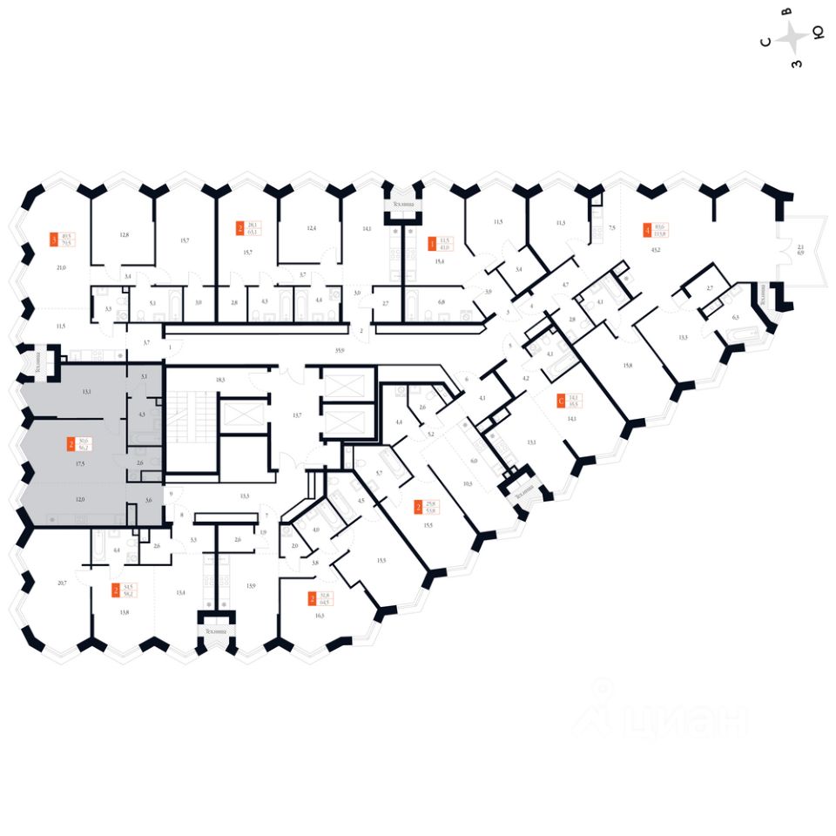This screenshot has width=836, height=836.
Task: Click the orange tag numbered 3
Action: click(55, 239)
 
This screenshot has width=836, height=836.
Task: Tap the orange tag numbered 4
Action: click(646, 231)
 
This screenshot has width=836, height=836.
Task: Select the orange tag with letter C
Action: click(560, 401)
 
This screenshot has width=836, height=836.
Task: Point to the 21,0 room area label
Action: click(61, 268)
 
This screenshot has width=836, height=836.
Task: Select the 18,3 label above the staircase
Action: click(221, 380)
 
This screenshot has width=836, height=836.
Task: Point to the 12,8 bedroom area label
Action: click(124, 235)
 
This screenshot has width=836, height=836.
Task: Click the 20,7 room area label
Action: click(61, 581)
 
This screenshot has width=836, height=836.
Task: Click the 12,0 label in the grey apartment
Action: click(80, 500)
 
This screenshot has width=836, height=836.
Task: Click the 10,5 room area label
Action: click(468, 483)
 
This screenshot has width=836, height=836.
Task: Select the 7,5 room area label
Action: click(611, 228)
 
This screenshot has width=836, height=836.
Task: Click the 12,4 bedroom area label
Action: click(311, 228)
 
